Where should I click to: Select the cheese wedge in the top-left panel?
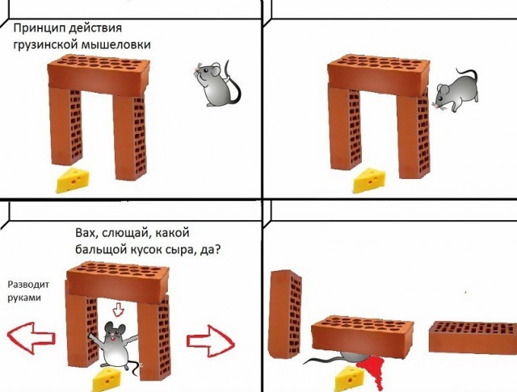pyautogui.click(x=75, y=181)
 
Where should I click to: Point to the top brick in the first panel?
pyautogui.click(x=100, y=71)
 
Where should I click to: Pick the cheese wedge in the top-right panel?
pyautogui.click(x=371, y=181)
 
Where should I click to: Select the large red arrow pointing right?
pyautogui.click(x=209, y=338)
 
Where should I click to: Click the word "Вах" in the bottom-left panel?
pyautogui.click(x=85, y=234)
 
